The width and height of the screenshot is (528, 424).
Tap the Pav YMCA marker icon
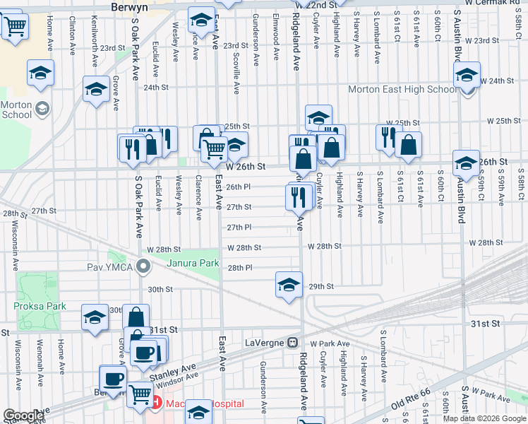144,267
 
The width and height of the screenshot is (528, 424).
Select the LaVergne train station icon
292,343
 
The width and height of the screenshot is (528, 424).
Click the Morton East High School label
402,90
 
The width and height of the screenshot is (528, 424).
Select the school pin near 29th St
289,284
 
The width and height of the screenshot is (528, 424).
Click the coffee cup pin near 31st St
145,353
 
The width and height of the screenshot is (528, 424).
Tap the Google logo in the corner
23,416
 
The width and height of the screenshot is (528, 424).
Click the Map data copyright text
485,418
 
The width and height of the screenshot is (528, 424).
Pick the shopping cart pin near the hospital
140,394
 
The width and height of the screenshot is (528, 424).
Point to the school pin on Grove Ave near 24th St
95,89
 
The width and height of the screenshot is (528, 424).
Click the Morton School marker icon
42,109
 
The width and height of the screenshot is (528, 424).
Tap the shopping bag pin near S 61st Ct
409,145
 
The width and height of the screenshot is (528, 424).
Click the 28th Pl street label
240,268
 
